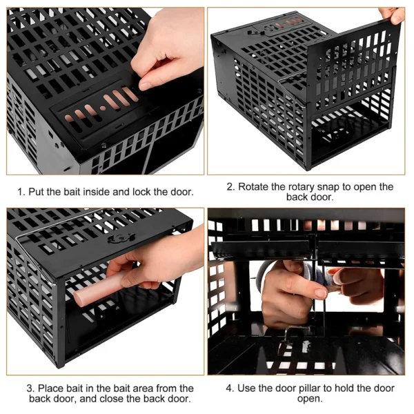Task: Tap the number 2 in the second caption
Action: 230,187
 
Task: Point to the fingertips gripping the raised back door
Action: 392,16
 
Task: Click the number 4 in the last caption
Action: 229,388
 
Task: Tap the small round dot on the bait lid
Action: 103,108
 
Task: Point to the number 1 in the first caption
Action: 21,192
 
